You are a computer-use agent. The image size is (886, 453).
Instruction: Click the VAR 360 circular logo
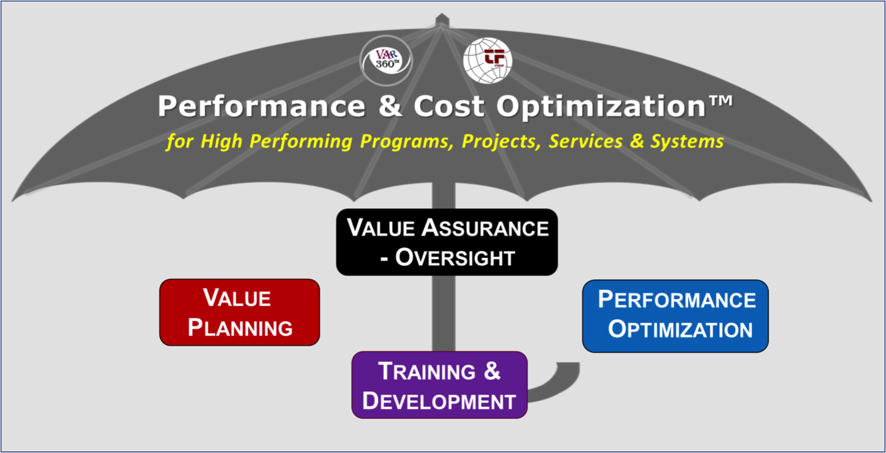pyautogui.click(x=386, y=61)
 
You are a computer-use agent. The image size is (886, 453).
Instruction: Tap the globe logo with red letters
pyautogui.click(x=488, y=61)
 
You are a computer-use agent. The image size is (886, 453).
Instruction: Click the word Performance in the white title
pyautogui.click(x=261, y=106)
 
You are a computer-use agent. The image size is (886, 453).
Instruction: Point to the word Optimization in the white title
pyautogui.click(x=601, y=106)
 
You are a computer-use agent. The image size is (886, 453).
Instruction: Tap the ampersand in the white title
pyautogui.click(x=390, y=106)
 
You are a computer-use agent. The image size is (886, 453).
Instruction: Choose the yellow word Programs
pyautogui.click(x=407, y=142)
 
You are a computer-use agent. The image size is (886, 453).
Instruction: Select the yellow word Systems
pyautogui.click(x=687, y=142)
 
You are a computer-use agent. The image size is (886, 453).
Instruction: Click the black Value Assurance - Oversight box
pyautogui.click(x=447, y=242)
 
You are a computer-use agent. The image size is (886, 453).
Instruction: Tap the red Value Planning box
pyautogui.click(x=240, y=312)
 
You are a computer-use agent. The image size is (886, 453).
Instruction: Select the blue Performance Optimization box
pyautogui.click(x=675, y=316)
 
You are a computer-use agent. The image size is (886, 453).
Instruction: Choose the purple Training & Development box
pyautogui.click(x=439, y=385)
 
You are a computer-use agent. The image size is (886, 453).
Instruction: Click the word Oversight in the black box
pyautogui.click(x=455, y=258)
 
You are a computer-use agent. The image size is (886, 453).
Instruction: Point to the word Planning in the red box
pyautogui.click(x=240, y=328)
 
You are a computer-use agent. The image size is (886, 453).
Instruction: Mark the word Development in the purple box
pyautogui.click(x=439, y=401)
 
